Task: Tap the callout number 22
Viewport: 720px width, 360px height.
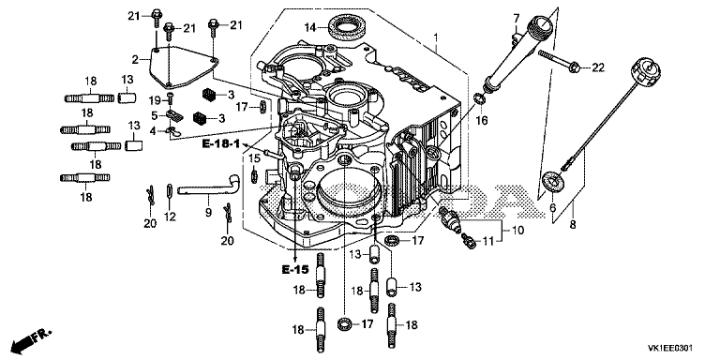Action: [x=598, y=67]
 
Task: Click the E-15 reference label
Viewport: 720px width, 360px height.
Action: [x=294, y=270]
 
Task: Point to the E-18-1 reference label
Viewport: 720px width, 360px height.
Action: [x=221, y=144]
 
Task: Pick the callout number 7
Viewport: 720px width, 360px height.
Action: [x=517, y=19]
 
